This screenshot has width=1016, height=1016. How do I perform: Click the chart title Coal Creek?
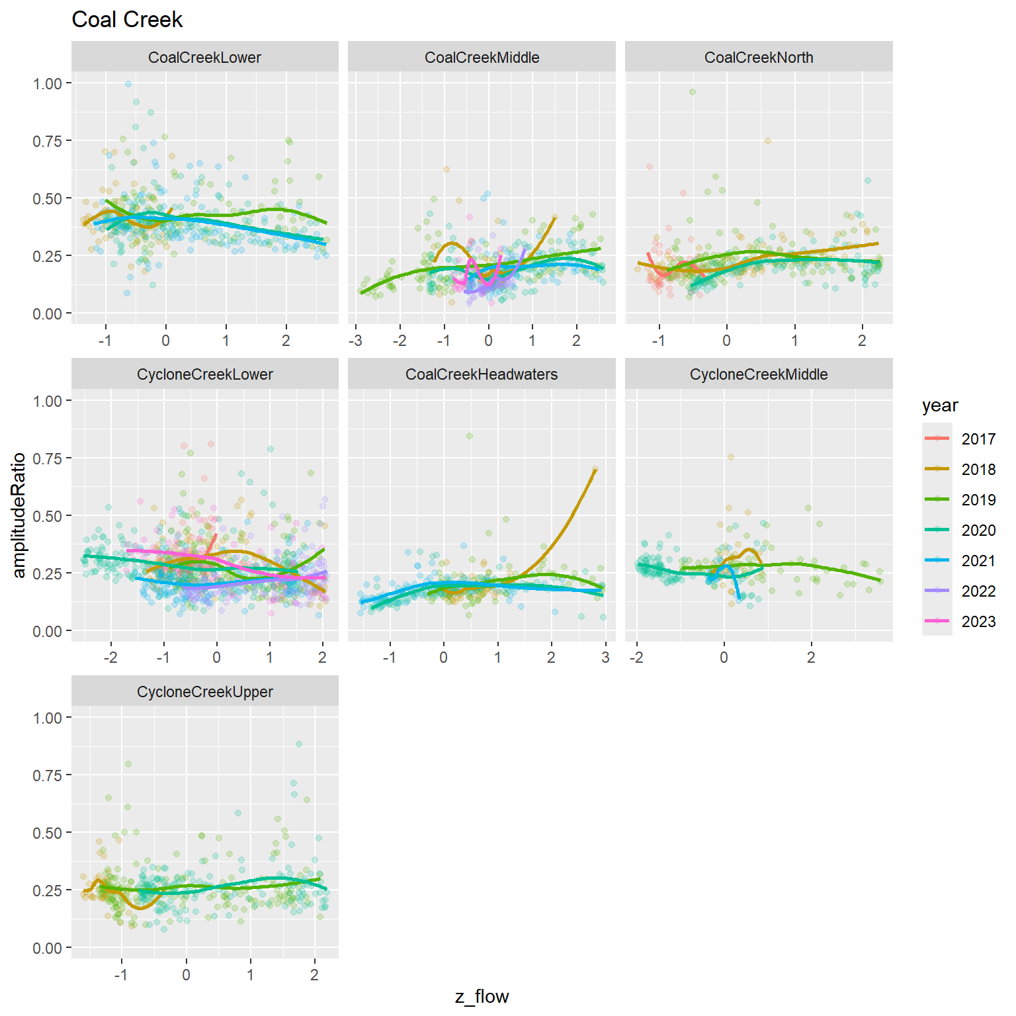(127, 20)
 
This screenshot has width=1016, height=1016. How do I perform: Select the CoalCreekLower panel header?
(204, 58)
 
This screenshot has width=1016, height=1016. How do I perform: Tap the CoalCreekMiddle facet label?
(482, 58)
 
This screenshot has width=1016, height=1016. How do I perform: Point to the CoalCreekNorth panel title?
(759, 58)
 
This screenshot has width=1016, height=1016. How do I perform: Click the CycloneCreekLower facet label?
(204, 374)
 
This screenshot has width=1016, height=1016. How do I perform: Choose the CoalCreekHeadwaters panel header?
(482, 374)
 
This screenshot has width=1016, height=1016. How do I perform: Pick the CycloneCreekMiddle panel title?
(759, 374)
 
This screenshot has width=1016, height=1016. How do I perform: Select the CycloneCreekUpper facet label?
(204, 692)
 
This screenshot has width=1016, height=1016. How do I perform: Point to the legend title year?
(940, 405)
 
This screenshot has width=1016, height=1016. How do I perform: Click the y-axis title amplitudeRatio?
(19, 515)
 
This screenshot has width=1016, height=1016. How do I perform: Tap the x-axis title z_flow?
(482, 997)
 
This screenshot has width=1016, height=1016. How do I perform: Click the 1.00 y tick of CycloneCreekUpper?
(47, 718)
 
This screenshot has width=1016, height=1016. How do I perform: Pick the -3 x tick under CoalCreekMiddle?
(356, 341)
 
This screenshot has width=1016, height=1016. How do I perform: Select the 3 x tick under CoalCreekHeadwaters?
(605, 658)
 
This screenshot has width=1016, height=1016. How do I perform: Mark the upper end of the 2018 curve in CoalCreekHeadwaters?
(595, 468)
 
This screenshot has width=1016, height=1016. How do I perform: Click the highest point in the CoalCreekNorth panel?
(693, 92)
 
